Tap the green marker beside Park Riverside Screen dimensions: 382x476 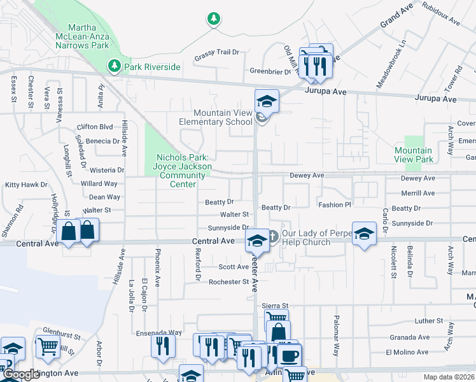click(115, 66)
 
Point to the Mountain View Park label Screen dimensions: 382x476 click(414, 155)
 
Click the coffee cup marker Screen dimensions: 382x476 click(290, 355)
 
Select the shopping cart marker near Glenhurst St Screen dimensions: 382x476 click(49, 347)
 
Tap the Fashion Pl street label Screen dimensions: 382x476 click(335, 205)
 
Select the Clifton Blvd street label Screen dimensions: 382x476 click(95, 127)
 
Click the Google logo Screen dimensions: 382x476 click(20, 375)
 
